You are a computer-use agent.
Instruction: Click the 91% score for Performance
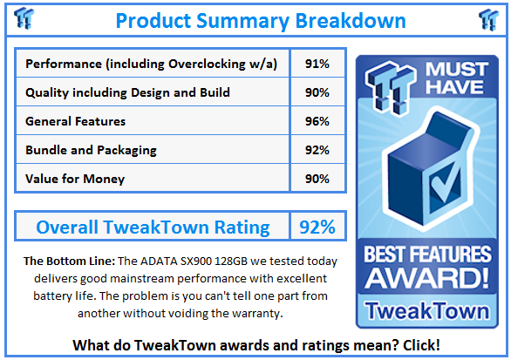pyautogui.click(x=317, y=64)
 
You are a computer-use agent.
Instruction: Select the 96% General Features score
pyautogui.click(x=317, y=121)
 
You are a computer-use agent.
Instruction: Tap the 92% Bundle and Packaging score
pyautogui.click(x=317, y=150)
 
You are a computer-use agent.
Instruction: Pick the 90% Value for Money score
pyautogui.click(x=317, y=179)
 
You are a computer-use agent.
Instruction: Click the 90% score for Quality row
pyautogui.click(x=317, y=92)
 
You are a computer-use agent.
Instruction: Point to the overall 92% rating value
pyautogui.click(x=317, y=228)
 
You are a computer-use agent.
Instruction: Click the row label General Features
pyautogui.click(x=75, y=121)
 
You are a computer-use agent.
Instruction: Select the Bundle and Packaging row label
pyautogui.click(x=91, y=150)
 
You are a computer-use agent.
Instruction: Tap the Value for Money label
pyautogui.click(x=75, y=179)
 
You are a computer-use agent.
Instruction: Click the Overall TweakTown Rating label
pyautogui.click(x=153, y=228)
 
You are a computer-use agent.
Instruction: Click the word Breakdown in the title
pyautogui.click(x=351, y=21)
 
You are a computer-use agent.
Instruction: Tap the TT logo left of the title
pyautogui.click(x=24, y=18)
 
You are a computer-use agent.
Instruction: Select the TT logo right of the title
pyautogui.click(x=488, y=19)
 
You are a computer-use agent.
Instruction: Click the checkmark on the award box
pyautogui.click(x=446, y=183)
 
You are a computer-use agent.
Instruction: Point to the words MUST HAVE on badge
pyautogui.click(x=456, y=78)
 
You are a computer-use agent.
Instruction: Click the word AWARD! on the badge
pyautogui.click(x=427, y=278)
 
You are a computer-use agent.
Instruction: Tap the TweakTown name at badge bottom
pyautogui.click(x=427, y=311)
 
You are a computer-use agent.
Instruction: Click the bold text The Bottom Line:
pyautogui.click(x=69, y=262)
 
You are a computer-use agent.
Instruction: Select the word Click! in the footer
pyautogui.click(x=421, y=345)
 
